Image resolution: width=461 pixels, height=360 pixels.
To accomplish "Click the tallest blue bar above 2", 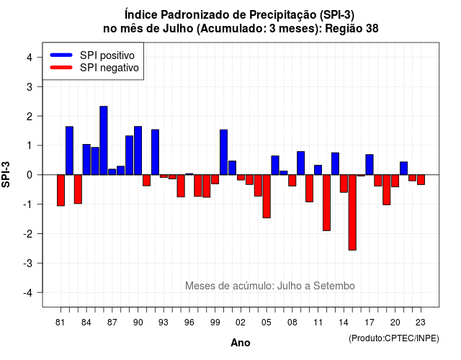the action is [x=104, y=140].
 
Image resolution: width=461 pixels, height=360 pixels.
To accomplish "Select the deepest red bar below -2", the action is [x=352, y=212].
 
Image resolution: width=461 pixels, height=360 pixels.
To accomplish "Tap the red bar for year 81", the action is [x=61, y=190].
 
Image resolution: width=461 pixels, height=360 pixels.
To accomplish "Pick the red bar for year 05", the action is [x=267, y=197].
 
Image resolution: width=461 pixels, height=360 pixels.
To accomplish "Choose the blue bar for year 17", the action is [x=370, y=165].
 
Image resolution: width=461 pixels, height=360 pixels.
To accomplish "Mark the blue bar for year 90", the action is [x=138, y=150].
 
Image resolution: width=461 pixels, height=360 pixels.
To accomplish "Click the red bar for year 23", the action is [x=421, y=179].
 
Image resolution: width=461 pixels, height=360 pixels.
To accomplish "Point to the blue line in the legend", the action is [x=61, y=55].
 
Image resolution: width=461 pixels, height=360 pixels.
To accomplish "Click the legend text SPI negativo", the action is [x=109, y=68].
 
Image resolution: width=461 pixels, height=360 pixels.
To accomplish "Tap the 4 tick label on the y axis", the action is [x=30, y=58].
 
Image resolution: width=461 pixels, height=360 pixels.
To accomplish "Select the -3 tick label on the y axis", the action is [x=27, y=263].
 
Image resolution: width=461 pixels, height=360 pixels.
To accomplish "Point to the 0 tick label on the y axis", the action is [x=30, y=175].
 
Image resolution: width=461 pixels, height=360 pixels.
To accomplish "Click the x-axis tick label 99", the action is [x=215, y=323].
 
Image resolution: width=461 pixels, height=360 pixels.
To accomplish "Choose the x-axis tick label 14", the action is [x=344, y=323].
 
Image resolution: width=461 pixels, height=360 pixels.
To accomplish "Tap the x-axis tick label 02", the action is [x=241, y=323].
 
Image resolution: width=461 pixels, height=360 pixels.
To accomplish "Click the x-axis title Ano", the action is [x=241, y=343].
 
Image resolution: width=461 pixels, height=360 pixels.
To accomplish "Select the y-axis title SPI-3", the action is [x=6, y=174].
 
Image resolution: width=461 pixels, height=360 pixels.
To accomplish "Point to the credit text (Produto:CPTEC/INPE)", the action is [x=394, y=338].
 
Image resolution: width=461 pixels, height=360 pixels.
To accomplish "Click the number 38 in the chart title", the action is [x=372, y=29].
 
